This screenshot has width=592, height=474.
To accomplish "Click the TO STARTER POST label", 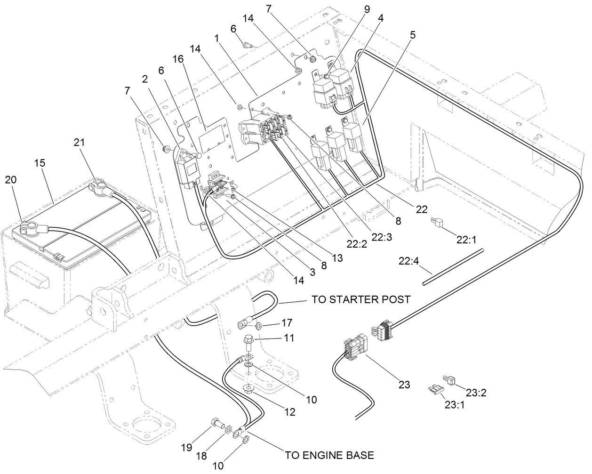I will coord(360,299).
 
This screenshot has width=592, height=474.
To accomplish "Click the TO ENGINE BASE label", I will coord(329,455).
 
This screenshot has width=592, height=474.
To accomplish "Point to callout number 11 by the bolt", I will coord(288,337).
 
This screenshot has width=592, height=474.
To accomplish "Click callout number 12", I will coord(289,412).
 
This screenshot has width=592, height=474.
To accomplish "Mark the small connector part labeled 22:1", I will coord(436,222).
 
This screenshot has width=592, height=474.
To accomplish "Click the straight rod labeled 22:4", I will coord(452,267).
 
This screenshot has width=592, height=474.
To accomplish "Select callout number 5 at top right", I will coord(412,35).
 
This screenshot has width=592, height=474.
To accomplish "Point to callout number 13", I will coord(337,258).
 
